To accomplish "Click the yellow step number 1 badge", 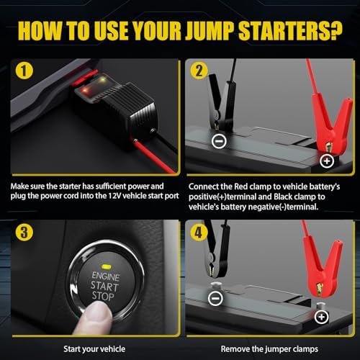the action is [24, 71].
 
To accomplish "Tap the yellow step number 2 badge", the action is [199, 71].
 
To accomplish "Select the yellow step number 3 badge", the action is [24, 232].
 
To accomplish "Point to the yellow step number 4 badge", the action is [199, 232].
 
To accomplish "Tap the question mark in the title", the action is [336, 30].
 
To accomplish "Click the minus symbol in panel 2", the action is [219, 141].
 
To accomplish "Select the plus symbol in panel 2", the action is [327, 161].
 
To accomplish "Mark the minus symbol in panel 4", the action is [215, 298].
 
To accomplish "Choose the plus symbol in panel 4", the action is [321, 317].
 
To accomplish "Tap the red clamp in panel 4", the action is [323, 266].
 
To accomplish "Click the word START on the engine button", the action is [104, 286].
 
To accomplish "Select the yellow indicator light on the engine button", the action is [106, 266].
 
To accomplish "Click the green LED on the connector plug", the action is [102, 78].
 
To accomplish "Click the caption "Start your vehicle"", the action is [94, 349].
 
